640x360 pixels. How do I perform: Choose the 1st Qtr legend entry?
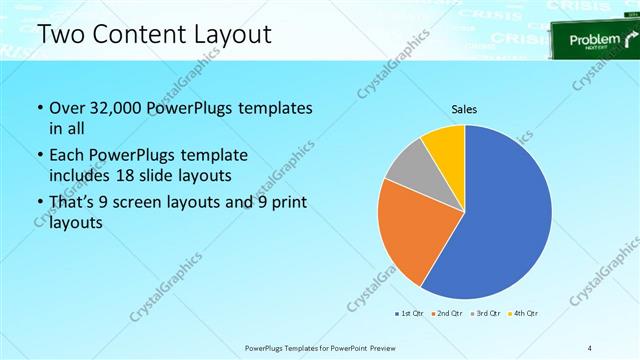coord(407,315)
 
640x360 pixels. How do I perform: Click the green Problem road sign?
coord(595,41)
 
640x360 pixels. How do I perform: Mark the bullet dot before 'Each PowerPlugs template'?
coord(39,155)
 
